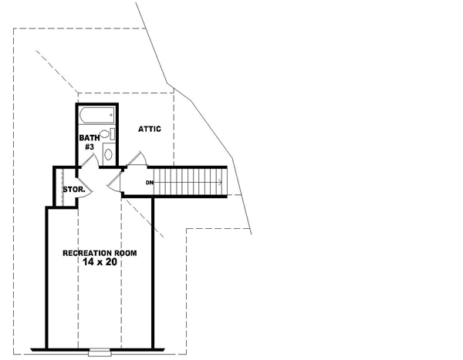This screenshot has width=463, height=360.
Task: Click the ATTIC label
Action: [150, 129]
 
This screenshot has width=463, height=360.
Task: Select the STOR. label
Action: [73, 188]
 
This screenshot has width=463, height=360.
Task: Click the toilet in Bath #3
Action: [107, 136]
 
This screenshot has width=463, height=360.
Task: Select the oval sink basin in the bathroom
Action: [108, 154]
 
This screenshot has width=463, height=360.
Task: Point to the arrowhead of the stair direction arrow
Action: [221, 183]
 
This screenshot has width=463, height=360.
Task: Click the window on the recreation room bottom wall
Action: [100, 352]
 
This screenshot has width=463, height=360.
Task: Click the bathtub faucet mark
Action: [112, 116]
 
